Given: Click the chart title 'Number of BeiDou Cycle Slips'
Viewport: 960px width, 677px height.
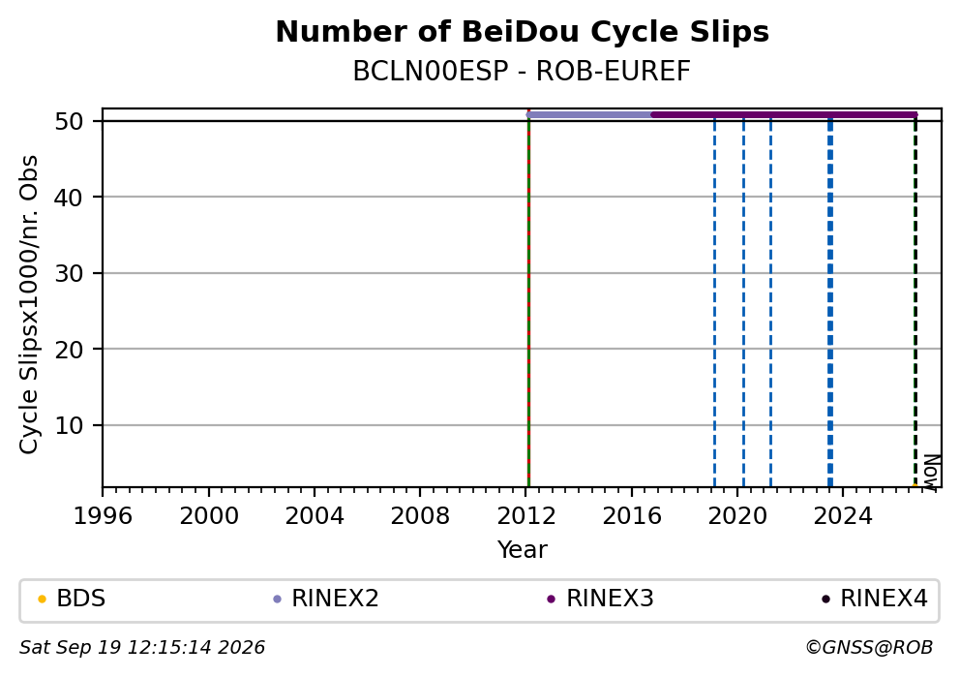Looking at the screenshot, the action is point(523,32).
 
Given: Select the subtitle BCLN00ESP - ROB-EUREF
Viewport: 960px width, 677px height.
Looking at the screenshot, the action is point(522,72).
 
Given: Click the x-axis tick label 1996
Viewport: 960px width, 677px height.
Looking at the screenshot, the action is point(103,516).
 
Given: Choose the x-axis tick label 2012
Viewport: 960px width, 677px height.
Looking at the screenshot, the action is point(525,516).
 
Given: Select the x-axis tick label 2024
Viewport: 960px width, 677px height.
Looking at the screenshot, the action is point(843,516).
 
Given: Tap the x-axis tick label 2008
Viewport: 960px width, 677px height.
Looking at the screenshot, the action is point(420,516).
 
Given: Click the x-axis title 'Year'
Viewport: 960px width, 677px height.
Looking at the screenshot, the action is point(523,549).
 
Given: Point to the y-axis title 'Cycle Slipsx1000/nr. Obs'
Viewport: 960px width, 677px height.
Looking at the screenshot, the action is point(29,304).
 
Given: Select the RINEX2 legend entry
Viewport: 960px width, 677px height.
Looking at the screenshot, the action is point(326,599).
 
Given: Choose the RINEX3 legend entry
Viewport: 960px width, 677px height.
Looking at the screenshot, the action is point(601,599).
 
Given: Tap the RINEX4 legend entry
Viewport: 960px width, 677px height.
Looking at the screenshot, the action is point(875,599).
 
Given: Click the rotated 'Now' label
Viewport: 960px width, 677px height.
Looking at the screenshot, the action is point(931,471).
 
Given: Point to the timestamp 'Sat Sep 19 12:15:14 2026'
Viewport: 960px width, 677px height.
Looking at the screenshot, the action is point(142,648).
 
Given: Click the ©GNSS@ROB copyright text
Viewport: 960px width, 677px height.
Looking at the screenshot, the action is point(869,648).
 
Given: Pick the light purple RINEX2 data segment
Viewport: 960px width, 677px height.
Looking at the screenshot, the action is point(589,114).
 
